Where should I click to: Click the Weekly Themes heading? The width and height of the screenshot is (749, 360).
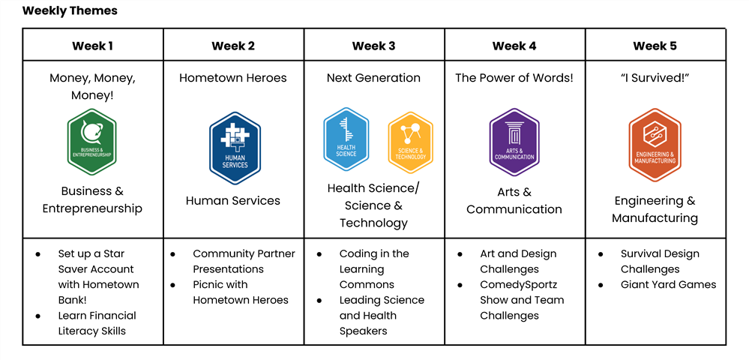[70, 10]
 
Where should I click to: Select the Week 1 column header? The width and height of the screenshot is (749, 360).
[93, 46]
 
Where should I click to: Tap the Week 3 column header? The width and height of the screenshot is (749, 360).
[373, 46]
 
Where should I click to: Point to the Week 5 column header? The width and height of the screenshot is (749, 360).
[655, 46]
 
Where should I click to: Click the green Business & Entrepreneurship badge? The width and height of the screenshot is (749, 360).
[92, 142]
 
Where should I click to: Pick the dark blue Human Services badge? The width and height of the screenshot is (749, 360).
[235, 148]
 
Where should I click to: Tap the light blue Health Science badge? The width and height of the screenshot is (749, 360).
[346, 139]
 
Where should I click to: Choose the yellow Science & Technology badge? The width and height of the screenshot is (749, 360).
[410, 142]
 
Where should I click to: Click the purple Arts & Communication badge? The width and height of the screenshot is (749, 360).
[514, 142]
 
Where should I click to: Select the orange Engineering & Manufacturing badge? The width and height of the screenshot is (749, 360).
[655, 145]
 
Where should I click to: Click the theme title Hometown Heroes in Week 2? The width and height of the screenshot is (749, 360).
[233, 78]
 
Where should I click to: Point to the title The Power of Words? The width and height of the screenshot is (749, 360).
[514, 78]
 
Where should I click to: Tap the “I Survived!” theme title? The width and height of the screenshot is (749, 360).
[655, 78]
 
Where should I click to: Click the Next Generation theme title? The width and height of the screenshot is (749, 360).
[373, 78]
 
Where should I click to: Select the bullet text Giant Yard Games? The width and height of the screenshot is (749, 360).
[668, 284]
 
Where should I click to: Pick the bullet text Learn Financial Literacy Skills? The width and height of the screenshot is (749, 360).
[97, 323]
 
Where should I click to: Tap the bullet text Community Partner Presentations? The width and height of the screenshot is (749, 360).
[244, 262]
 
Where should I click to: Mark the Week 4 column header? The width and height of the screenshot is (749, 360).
[514, 46]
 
